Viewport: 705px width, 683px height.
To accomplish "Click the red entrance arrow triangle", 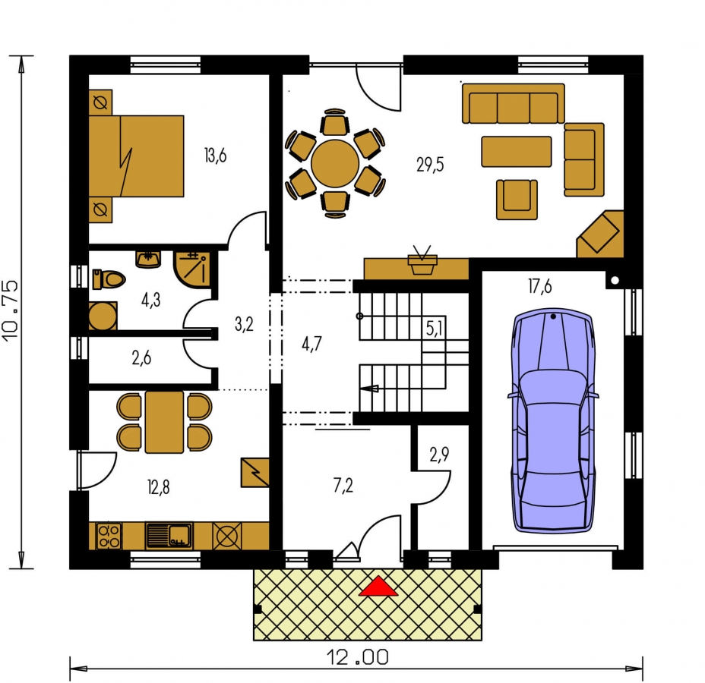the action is [378, 586].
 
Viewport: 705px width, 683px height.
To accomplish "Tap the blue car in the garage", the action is [553, 420].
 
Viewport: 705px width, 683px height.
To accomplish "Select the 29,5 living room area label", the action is [430, 165].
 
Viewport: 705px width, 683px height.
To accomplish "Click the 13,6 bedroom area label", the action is [215, 156].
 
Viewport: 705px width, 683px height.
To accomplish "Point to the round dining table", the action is [335, 163].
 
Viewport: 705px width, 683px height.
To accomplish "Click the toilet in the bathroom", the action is [108, 279].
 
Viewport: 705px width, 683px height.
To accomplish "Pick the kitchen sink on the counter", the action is [169, 535].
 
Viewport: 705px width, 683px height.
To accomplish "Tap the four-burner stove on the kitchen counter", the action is [109, 536].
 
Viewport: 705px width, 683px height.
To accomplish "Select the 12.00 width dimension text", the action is [358, 658].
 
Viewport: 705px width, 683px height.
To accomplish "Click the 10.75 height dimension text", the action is [11, 310].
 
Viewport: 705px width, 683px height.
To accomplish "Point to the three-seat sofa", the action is [514, 103].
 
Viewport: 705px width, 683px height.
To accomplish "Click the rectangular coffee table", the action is [516, 152].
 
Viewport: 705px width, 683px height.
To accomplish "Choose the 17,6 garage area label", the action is [539, 286].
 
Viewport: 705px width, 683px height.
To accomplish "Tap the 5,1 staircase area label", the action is [434, 329].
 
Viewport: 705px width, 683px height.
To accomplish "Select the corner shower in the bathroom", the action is [192, 269].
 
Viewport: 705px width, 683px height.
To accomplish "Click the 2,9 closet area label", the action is [439, 455].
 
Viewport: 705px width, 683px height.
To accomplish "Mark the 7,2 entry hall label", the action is [343, 486].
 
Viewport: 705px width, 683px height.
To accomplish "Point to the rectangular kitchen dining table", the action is [164, 422].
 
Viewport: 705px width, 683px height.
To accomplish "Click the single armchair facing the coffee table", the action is [517, 200].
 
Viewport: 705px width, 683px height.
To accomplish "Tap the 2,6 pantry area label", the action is [141, 358].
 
